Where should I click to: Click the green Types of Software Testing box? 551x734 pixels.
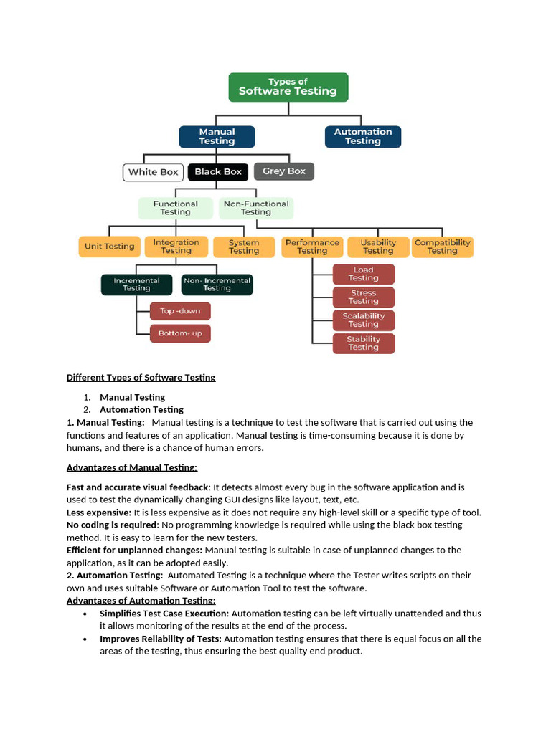click(288, 87)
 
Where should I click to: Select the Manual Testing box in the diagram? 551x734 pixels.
click(217, 136)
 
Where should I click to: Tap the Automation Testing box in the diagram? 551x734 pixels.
click(362, 136)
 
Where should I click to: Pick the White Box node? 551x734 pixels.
click(153, 172)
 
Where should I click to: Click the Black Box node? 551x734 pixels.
click(218, 172)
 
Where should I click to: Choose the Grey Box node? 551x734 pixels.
click(284, 171)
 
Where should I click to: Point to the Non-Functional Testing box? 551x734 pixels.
click(256, 208)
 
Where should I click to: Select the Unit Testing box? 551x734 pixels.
click(109, 247)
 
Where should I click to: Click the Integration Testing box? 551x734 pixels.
click(176, 247)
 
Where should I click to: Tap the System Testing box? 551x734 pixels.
click(244, 247)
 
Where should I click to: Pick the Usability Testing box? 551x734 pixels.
click(378, 247)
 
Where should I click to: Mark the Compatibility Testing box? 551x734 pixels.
click(443, 247)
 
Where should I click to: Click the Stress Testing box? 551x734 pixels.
click(364, 297)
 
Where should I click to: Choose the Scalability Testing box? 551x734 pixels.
click(364, 320)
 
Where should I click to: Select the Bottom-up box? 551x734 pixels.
click(180, 333)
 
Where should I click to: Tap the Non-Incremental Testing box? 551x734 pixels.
click(217, 285)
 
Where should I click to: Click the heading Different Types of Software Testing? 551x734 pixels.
click(141, 377)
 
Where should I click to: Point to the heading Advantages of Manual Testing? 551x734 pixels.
click(131, 467)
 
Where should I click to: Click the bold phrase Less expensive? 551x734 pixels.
click(98, 513)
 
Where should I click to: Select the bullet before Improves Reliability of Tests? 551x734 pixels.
click(85, 639)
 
